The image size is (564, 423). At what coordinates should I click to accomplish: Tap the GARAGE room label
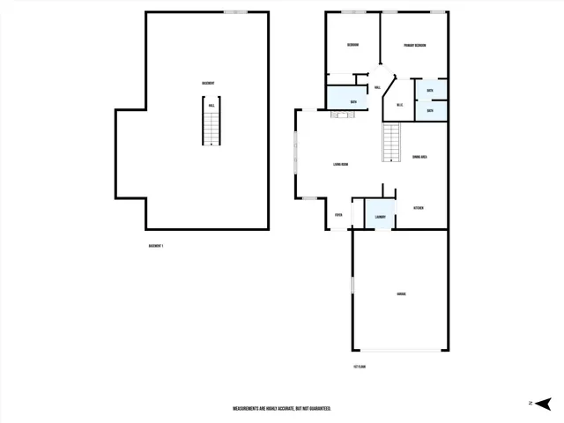[x=401, y=294]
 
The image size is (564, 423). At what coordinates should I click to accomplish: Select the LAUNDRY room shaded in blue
[x=380, y=216]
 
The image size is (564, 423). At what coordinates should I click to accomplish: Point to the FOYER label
[x=338, y=215]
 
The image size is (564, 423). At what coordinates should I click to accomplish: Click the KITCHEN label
[x=419, y=208]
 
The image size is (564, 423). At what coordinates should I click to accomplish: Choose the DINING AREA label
[x=419, y=157]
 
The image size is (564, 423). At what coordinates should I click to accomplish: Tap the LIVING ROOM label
[x=340, y=165]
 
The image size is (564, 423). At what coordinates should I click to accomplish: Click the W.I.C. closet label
[x=399, y=106]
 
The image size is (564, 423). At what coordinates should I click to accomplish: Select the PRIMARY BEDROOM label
[x=415, y=46]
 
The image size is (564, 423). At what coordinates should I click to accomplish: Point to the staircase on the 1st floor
[x=391, y=143]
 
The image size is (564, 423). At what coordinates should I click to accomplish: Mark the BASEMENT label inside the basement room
[x=208, y=83]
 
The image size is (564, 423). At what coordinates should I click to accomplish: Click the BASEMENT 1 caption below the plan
[x=156, y=246]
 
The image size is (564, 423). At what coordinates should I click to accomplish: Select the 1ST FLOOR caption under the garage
[x=359, y=366]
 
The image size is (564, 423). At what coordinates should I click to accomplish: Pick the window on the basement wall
[x=235, y=11]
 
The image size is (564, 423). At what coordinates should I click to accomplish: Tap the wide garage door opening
[x=402, y=351]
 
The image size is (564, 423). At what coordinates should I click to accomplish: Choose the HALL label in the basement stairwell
[x=211, y=105]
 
